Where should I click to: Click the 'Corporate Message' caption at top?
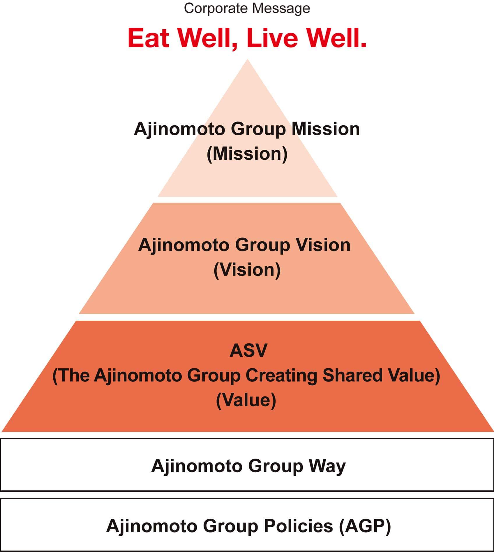click(x=247, y=8)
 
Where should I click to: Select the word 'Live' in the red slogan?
click(x=272, y=38)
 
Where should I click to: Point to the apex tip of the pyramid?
click(x=248, y=59)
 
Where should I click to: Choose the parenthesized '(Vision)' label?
click(x=247, y=270)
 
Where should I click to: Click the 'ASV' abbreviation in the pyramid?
click(x=248, y=350)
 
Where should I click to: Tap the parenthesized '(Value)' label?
click(x=246, y=400)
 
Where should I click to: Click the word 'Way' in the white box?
click(x=327, y=466)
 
